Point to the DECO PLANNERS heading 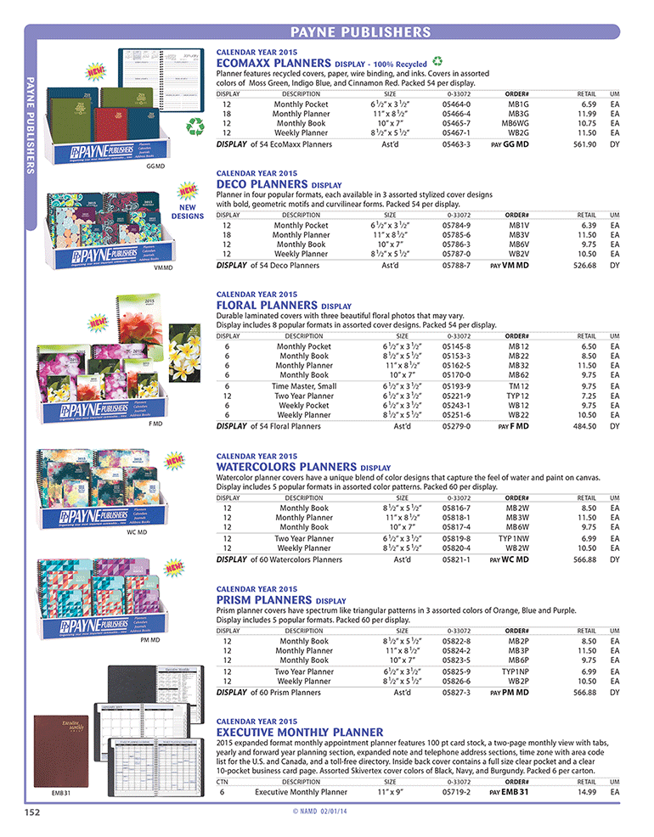click(x=263, y=183)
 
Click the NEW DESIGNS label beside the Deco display click(x=189, y=211)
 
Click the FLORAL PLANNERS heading click(x=268, y=305)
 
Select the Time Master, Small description click(x=304, y=385)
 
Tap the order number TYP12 click(x=518, y=396)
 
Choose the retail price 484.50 click(x=586, y=426)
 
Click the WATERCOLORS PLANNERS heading click(x=287, y=467)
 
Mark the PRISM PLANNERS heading click(x=263, y=599)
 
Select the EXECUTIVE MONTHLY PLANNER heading click(x=300, y=731)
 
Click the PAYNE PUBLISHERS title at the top click(x=360, y=32)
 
